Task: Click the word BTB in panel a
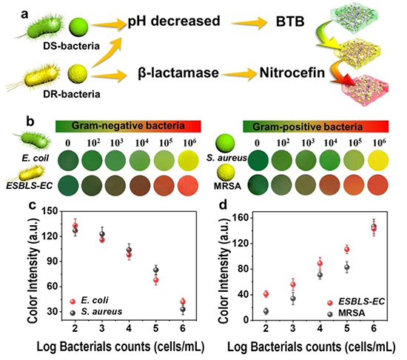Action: pos(290,21)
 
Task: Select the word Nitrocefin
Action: pos(292,73)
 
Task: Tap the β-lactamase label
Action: pos(178,73)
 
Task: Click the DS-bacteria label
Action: pos(71,46)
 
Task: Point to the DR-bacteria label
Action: pos(71,94)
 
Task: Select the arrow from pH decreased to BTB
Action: pos(249,23)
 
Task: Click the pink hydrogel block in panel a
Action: pos(364,89)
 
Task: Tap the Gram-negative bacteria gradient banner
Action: pos(128,126)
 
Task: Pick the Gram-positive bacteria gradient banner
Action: pos(316,127)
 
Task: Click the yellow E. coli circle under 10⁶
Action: pos(188,160)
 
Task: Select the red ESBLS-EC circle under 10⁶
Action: pos(188,186)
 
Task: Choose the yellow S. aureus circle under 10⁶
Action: pos(378,160)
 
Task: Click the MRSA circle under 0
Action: pos(258,186)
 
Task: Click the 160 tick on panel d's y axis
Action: pos(242,219)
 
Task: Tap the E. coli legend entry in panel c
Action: pos(90,301)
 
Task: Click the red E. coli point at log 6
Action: pos(183,301)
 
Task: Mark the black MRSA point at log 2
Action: pos(266,311)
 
